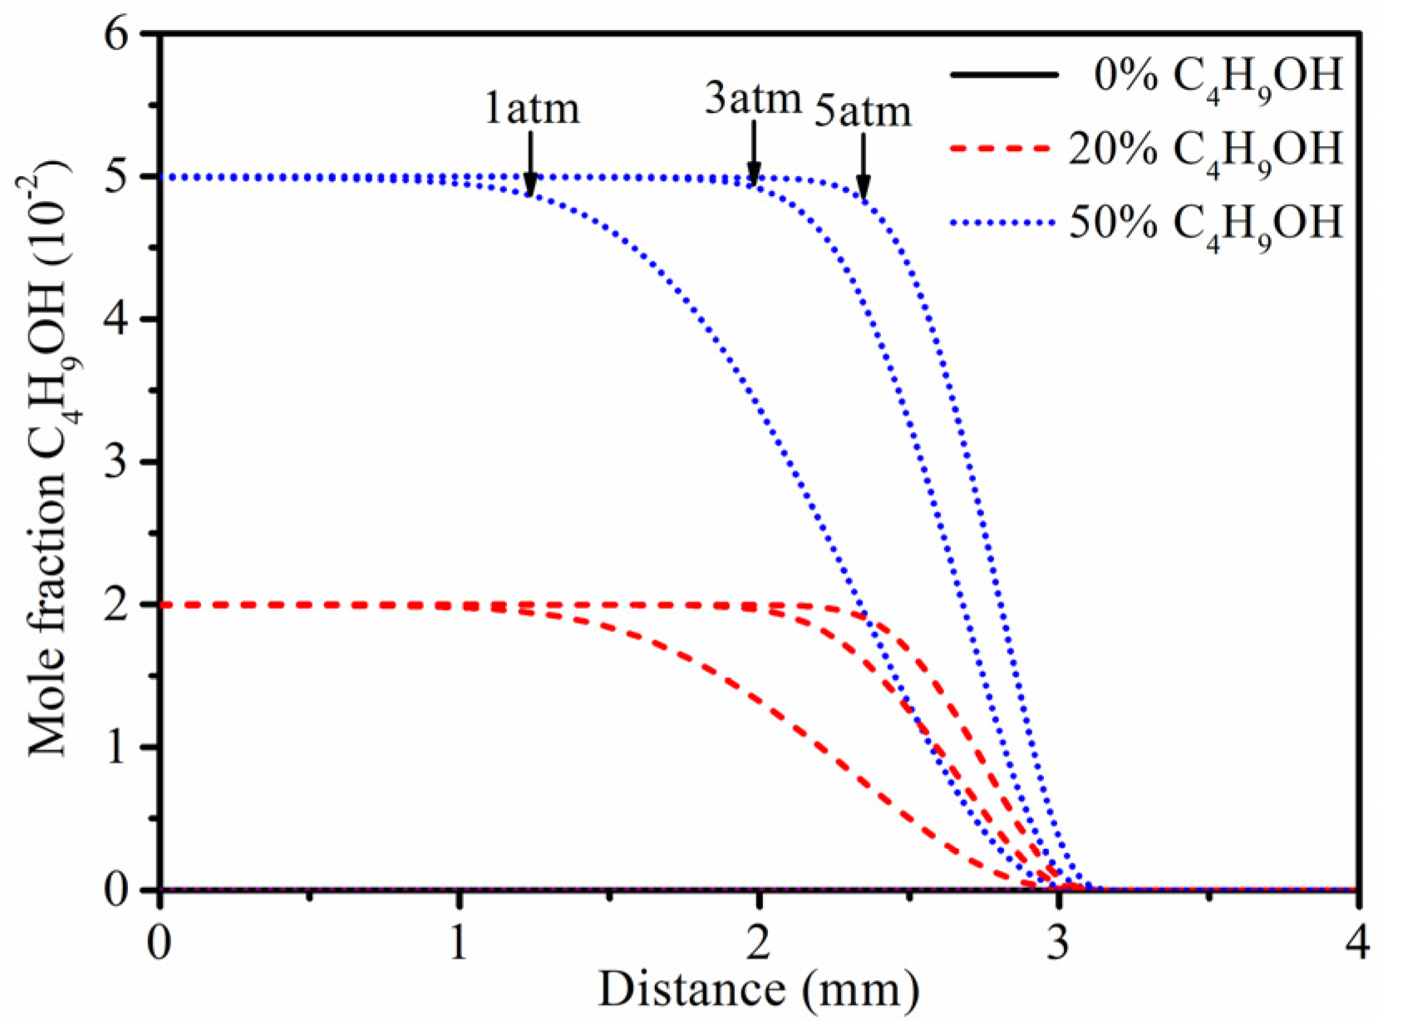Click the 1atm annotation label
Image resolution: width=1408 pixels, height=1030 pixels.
point(532,110)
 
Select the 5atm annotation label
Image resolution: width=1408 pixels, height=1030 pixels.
point(862,112)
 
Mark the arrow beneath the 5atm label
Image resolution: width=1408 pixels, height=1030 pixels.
point(864,166)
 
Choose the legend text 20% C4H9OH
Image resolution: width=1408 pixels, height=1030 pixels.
point(1205,149)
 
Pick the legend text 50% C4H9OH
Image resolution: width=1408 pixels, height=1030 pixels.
point(1205,223)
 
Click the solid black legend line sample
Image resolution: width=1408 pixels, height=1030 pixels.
point(1003,76)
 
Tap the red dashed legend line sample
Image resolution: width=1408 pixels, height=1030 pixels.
point(1003,149)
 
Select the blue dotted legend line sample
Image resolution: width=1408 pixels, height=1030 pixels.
point(1003,223)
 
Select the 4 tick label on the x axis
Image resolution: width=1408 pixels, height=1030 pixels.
point(1357,945)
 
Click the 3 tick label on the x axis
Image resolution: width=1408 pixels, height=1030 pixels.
point(1057,945)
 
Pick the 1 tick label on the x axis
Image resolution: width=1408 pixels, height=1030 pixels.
point(459,945)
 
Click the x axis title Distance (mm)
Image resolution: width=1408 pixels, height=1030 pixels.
point(758,990)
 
